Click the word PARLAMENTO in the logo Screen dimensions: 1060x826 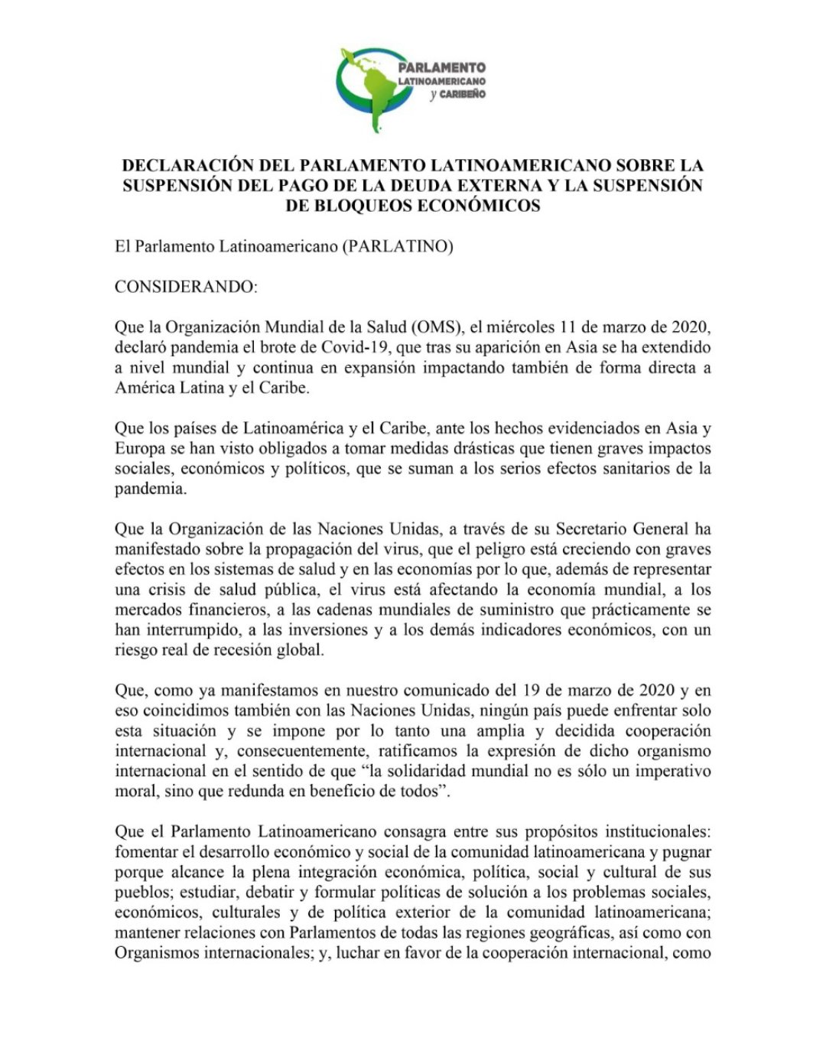pos(441,67)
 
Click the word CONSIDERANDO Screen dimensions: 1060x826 pos(187,287)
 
